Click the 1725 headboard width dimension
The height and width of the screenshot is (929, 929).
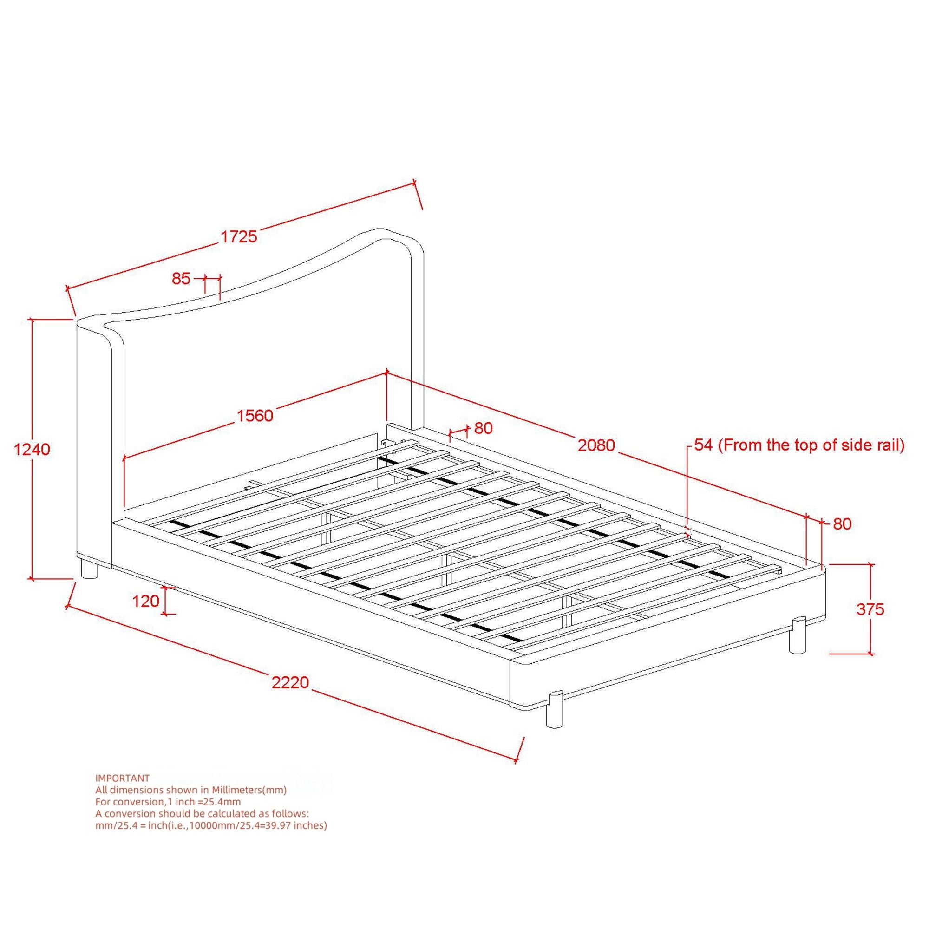239,236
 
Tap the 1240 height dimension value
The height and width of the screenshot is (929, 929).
32,450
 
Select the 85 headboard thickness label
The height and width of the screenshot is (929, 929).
181,278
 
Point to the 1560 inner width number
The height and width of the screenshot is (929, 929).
255,415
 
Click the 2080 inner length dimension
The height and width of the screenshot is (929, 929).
596,445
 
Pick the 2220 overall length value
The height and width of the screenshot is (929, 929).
290,682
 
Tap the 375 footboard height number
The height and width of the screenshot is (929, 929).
870,609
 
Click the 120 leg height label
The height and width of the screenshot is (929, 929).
146,601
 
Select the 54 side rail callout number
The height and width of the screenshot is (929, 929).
703,445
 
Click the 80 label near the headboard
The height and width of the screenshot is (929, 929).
483,428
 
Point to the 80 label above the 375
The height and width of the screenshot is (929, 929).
842,523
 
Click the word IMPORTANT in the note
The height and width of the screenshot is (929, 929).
123,778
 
